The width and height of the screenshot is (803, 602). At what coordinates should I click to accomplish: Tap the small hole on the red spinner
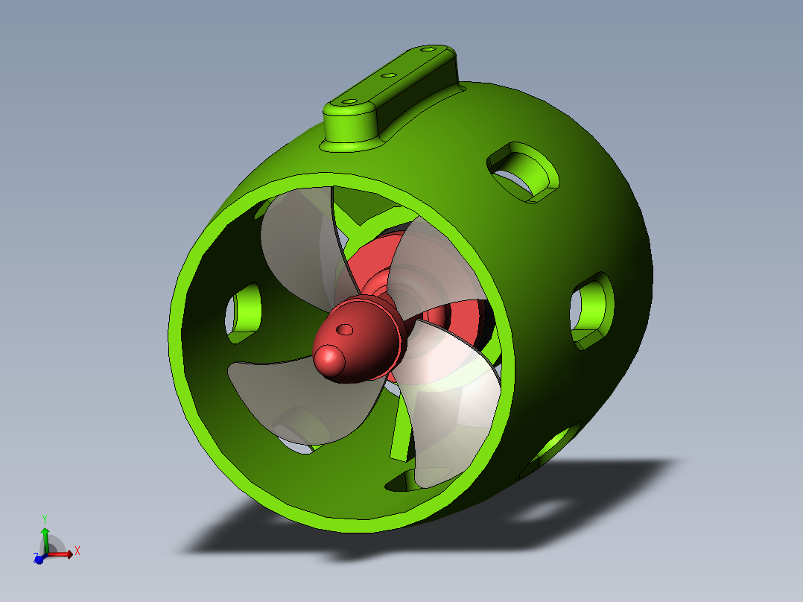pyautogui.click(x=345, y=329)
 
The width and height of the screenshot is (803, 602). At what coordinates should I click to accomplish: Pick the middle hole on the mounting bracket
pyautogui.click(x=387, y=75)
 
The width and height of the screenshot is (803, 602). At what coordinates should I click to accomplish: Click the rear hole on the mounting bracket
pyautogui.click(x=427, y=49)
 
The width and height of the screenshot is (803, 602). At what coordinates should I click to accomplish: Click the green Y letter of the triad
pyautogui.click(x=45, y=519)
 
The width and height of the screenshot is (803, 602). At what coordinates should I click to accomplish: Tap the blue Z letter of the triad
pyautogui.click(x=34, y=556)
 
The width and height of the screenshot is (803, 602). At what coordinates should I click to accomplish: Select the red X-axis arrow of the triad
pyautogui.click(x=63, y=554)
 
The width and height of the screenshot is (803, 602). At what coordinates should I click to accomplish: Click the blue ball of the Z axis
pyautogui.click(x=39, y=559)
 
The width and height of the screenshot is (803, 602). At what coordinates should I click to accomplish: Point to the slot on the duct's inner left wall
pyautogui.click(x=242, y=313)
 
